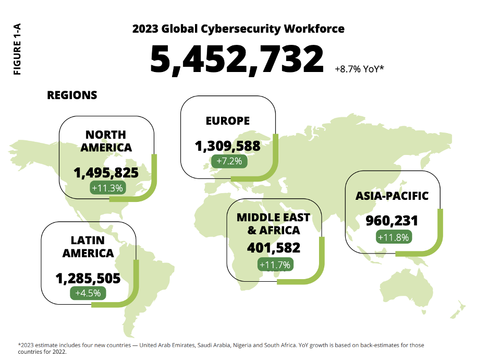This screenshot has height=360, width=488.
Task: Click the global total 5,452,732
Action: point(237,59)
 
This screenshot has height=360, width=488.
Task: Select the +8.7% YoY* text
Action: point(359,68)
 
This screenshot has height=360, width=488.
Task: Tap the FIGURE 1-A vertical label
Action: point(17,49)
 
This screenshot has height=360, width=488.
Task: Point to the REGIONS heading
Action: point(72,95)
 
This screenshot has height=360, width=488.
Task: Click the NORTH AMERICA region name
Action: point(106,141)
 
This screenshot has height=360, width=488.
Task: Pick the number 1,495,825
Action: point(106,173)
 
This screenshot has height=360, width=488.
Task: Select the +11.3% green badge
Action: point(107,188)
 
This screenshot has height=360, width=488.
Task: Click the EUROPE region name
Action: point(228,121)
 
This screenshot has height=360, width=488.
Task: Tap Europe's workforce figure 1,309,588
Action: point(227,146)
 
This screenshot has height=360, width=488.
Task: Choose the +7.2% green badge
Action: point(229,161)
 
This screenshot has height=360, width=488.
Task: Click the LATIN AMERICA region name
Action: point(88,247)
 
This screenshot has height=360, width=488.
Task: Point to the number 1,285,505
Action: point(88,278)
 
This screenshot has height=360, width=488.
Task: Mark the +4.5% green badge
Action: point(88,293)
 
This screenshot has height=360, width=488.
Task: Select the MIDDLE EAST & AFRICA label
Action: point(273,224)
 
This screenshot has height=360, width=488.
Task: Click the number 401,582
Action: point(274,247)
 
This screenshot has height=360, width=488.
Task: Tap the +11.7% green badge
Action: point(275,265)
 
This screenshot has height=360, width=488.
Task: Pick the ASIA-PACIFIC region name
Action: point(392,196)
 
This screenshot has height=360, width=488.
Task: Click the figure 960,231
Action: point(392,221)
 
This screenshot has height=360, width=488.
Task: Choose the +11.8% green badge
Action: point(394,237)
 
